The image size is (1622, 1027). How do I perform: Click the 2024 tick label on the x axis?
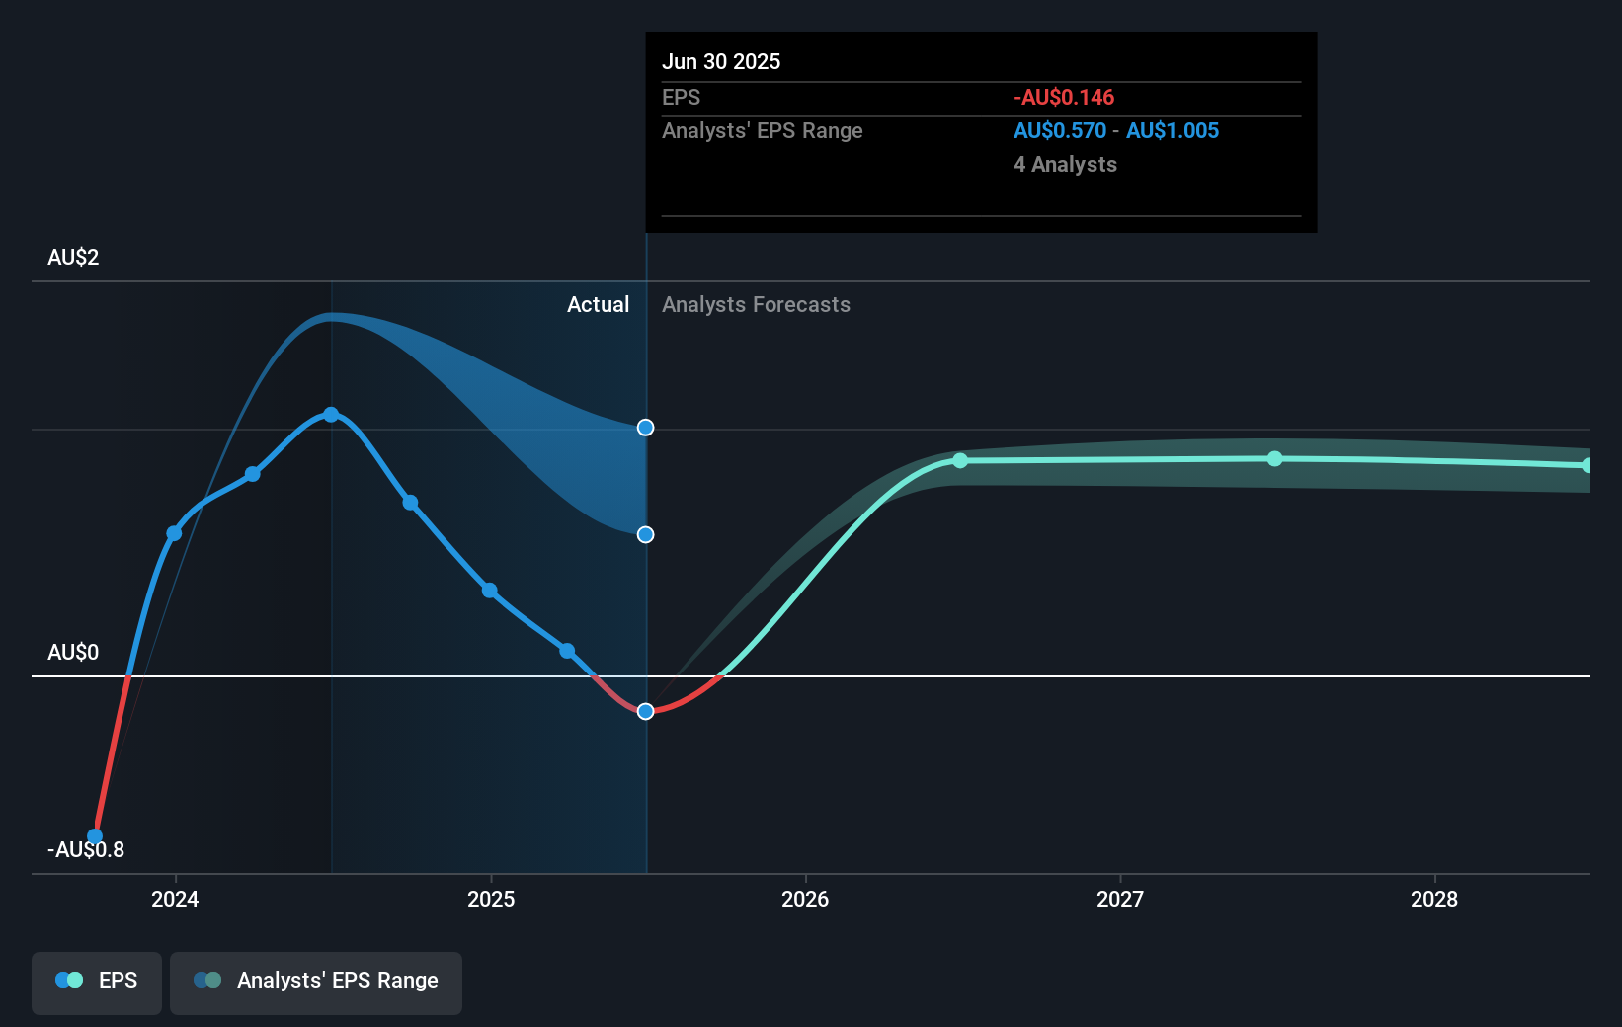click(x=175, y=899)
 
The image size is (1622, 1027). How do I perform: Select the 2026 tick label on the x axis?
click(x=805, y=899)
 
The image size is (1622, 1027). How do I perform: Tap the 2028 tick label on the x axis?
click(x=1433, y=899)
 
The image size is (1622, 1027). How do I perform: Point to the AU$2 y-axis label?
click(x=73, y=258)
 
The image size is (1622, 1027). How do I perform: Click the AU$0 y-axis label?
click(x=73, y=653)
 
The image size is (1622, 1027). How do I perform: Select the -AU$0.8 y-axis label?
click(x=86, y=850)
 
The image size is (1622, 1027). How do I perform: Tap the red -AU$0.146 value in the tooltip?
click(x=1063, y=98)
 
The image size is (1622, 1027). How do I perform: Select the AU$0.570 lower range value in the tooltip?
click(x=1059, y=131)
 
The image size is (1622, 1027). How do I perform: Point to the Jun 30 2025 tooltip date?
click(x=721, y=62)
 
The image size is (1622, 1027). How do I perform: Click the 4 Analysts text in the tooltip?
click(x=1065, y=165)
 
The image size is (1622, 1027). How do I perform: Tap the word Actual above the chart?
click(x=598, y=305)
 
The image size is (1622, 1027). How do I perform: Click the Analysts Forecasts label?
click(x=756, y=305)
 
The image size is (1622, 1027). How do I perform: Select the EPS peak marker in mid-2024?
click(x=331, y=415)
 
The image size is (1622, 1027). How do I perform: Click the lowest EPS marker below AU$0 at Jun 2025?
click(x=645, y=711)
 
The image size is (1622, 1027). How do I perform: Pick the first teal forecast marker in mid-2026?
click(x=960, y=461)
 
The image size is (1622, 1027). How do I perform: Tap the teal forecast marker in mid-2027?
click(x=1274, y=459)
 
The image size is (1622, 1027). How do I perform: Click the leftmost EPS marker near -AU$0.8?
click(x=95, y=835)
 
